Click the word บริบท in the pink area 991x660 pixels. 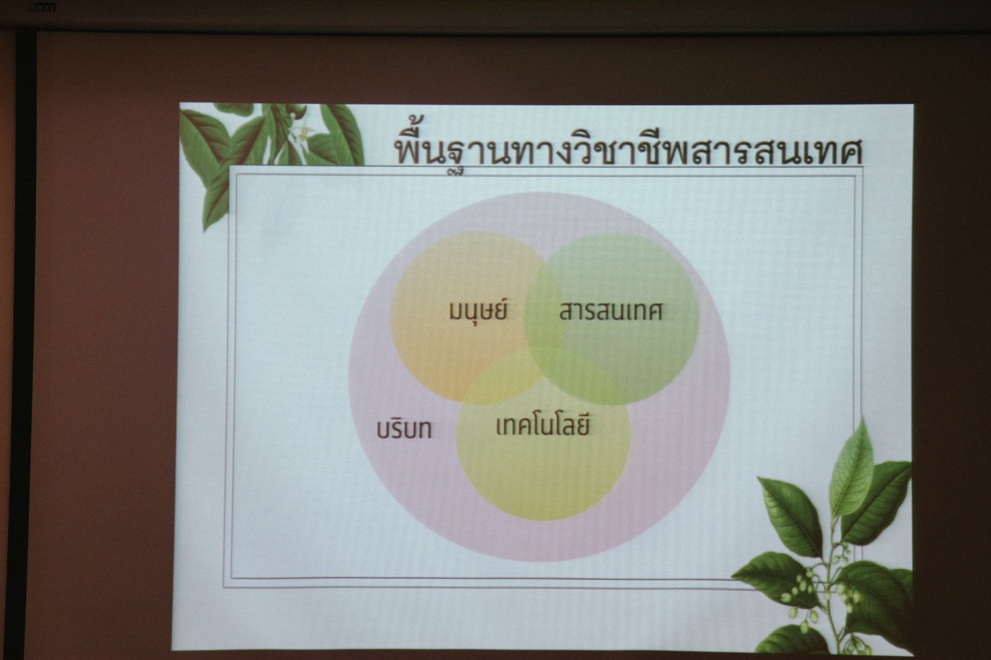pyautogui.click(x=405, y=430)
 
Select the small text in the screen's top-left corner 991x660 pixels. pyautogui.click(x=42, y=7)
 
